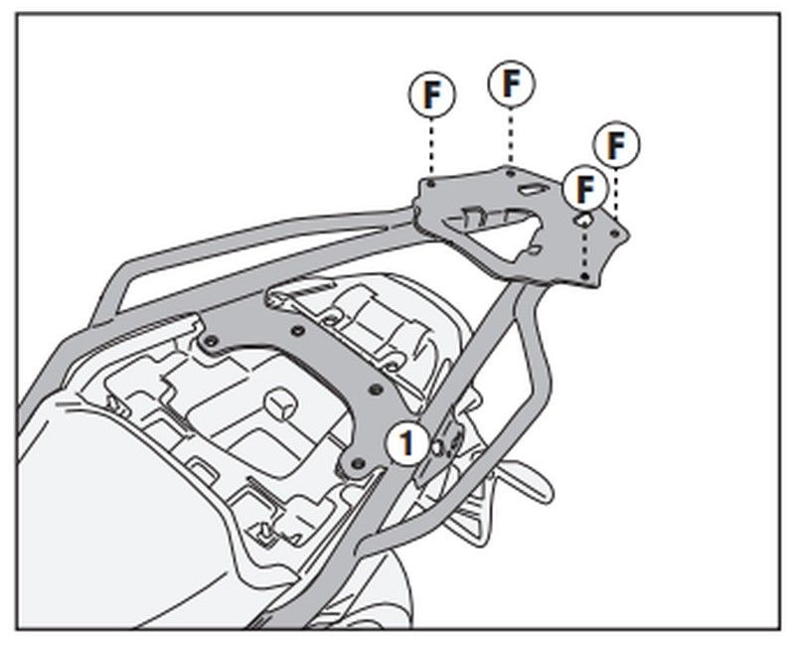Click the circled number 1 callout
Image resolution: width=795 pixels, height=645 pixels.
[406, 442]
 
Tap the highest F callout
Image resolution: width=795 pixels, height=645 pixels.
[510, 83]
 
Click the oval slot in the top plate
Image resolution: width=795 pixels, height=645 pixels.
[532, 189]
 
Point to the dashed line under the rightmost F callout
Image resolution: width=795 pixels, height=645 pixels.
[617, 194]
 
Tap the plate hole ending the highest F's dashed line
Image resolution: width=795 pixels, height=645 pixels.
[510, 172]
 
